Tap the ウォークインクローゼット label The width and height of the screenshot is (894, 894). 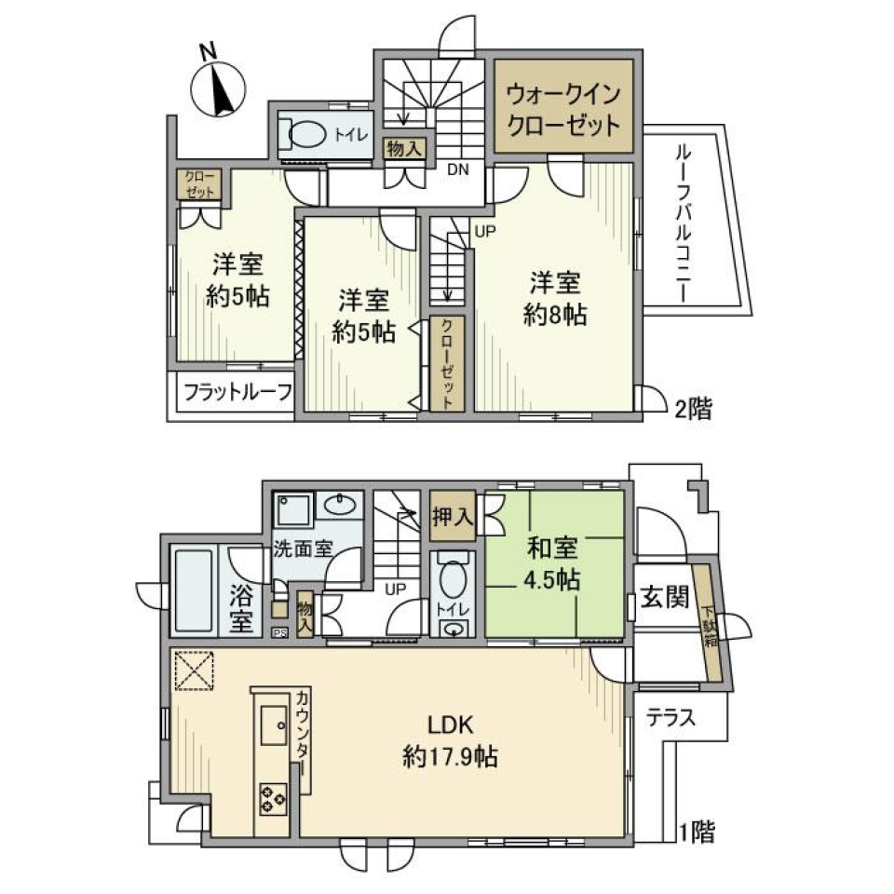pyautogui.click(x=563, y=109)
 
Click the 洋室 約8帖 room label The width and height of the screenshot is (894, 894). pyautogui.click(x=555, y=298)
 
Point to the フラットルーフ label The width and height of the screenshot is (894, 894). pyautogui.click(x=237, y=392)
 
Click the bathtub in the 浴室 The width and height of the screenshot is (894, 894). pyautogui.click(x=195, y=590)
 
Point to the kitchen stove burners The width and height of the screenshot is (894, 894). pyautogui.click(x=274, y=797)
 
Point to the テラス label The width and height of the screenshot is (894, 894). pyautogui.click(x=670, y=718)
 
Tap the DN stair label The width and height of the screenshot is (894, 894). pyautogui.click(x=457, y=169)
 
